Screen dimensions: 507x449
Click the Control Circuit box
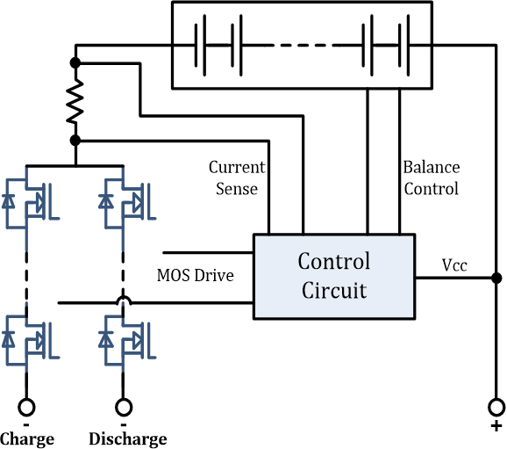coord(334,276)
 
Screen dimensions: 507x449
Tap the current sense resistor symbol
coord(75,102)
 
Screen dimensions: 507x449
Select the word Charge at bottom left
coord(27,439)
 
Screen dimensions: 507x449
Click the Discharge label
coord(128,439)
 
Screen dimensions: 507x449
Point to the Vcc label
coord(454,265)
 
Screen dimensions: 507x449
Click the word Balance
coord(432,168)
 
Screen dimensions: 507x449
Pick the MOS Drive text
coord(196,275)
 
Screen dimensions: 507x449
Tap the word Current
coord(237,168)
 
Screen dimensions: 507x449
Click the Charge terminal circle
coord(26,407)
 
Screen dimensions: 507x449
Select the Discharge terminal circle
coord(124,407)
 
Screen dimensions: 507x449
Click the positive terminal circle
coord(496,407)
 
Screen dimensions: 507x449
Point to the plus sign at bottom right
coord(496,426)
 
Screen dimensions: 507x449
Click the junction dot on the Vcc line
coord(496,278)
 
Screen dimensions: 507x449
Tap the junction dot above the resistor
coord(75,63)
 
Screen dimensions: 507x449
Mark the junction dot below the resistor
coord(75,141)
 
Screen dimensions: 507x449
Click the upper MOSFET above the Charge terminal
coord(31,205)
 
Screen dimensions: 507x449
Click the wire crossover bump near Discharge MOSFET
coord(124,299)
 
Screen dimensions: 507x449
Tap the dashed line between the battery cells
coord(303,46)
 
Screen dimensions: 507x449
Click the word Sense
coord(237,189)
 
